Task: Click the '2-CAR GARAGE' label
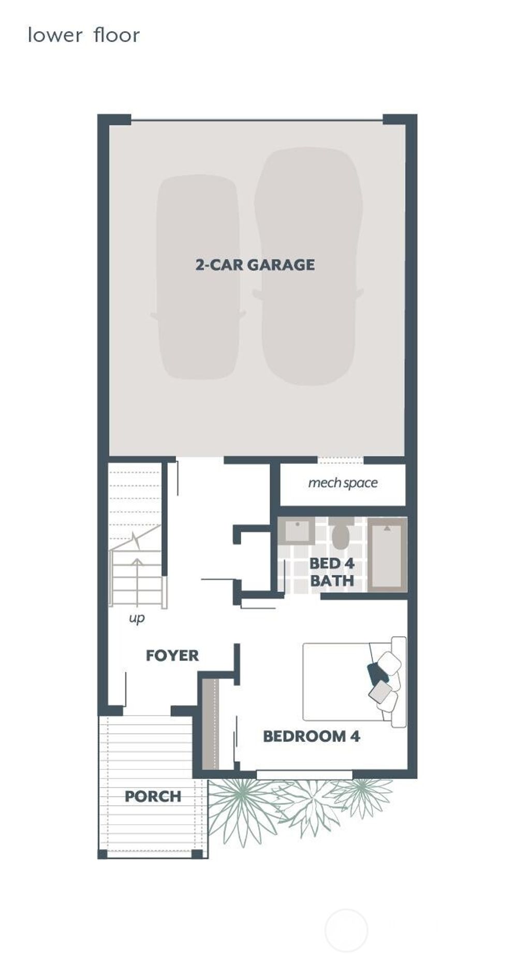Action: click(x=255, y=265)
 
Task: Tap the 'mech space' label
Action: click(x=343, y=483)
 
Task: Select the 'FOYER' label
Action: click(x=172, y=655)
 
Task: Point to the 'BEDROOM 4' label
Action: click(x=311, y=736)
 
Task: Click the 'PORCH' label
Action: click(x=153, y=796)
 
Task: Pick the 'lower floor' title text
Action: click(x=84, y=36)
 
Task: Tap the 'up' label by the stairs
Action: click(x=137, y=618)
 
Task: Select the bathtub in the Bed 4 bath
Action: click(x=387, y=554)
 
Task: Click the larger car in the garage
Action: click(x=308, y=267)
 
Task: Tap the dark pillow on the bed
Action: click(x=377, y=673)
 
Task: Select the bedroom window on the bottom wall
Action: click(x=304, y=775)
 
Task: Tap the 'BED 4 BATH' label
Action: click(x=332, y=572)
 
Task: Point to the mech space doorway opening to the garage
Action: click(x=340, y=460)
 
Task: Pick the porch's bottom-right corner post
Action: click(x=197, y=854)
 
